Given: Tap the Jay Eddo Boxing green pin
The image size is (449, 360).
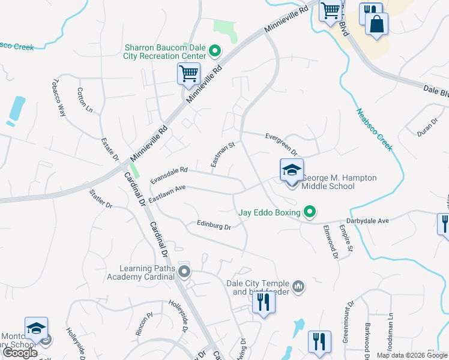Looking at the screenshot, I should [310, 211].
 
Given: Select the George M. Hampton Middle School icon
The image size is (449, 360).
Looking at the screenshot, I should [292, 170].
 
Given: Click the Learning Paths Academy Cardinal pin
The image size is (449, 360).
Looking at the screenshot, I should [184, 272].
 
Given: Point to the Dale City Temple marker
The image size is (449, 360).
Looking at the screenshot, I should [300, 287].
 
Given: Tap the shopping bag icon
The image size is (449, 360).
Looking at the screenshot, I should [376, 25].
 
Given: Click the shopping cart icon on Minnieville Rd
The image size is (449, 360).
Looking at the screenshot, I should [188, 74].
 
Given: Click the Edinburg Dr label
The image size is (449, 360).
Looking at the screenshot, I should [214, 225].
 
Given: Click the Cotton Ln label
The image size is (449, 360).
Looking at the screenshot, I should [84, 100].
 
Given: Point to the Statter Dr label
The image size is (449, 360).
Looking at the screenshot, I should [100, 199].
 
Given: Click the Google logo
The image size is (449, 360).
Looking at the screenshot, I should [20, 353].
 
